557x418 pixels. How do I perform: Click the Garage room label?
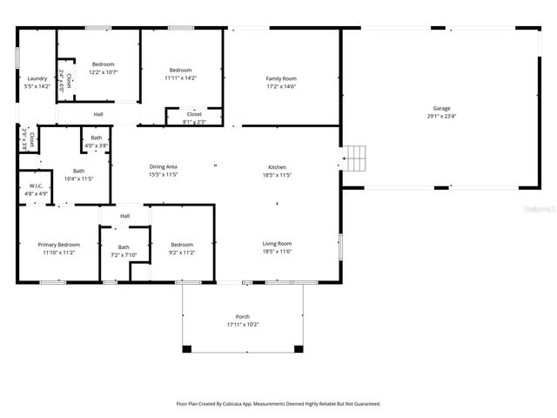point(442,108)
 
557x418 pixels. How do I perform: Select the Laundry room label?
point(37,78)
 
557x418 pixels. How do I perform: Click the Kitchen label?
point(277,167)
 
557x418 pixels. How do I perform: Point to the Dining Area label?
point(163,166)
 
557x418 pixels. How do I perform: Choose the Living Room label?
point(277,244)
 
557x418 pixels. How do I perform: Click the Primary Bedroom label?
point(57,246)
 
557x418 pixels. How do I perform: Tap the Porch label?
point(243,316)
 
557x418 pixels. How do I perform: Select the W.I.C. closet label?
point(36,185)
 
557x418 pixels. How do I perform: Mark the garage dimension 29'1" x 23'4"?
point(442,116)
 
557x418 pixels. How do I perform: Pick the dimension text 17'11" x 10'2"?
point(243,324)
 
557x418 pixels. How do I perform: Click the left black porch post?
point(186,349)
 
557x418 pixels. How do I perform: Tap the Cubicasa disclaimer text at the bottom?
point(278,404)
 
